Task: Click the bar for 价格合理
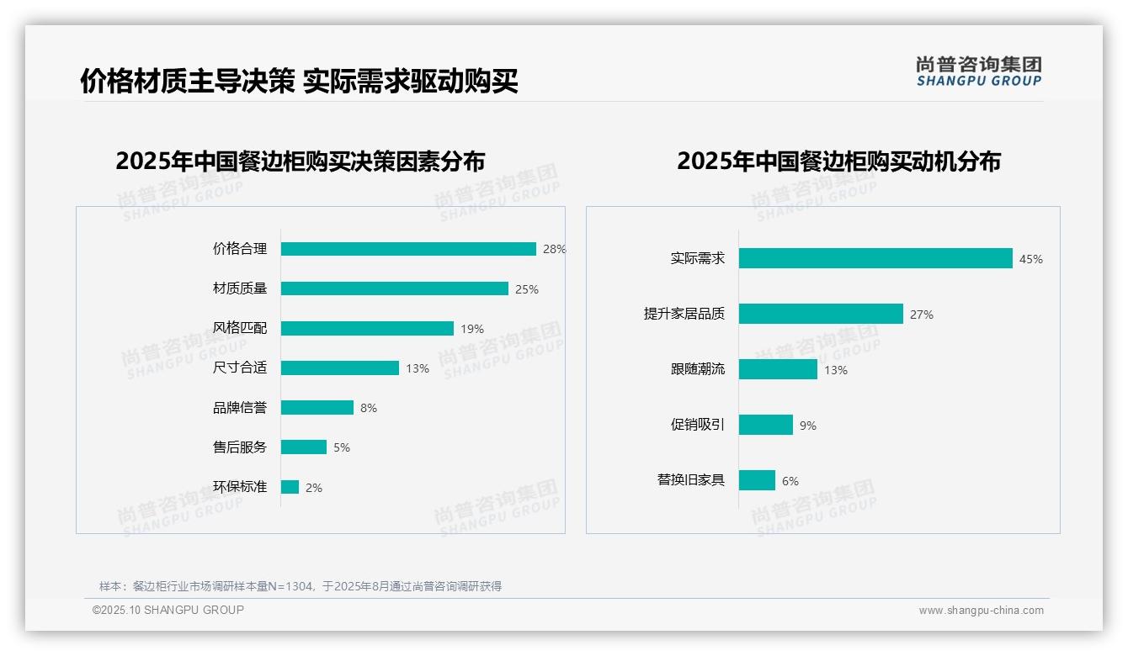coord(408,249)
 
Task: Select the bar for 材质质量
coord(394,288)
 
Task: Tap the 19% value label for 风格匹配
coord(472,329)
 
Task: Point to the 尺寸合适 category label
coord(240,368)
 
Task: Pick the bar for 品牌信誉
coord(317,407)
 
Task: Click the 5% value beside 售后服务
coord(342,447)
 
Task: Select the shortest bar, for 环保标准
coord(290,487)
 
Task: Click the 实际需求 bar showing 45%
coord(875,258)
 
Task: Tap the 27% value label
coord(922,315)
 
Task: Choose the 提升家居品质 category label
coord(684,314)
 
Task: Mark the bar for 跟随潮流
coord(779,369)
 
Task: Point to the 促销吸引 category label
coord(698,425)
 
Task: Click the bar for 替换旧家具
coord(758,480)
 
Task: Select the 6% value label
coord(790,481)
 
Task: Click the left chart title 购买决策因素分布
coord(300,161)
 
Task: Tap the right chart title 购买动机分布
coord(838,161)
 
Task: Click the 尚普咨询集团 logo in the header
coord(978,71)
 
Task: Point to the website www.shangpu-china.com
coord(981,611)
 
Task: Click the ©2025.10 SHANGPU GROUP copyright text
coord(168,610)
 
